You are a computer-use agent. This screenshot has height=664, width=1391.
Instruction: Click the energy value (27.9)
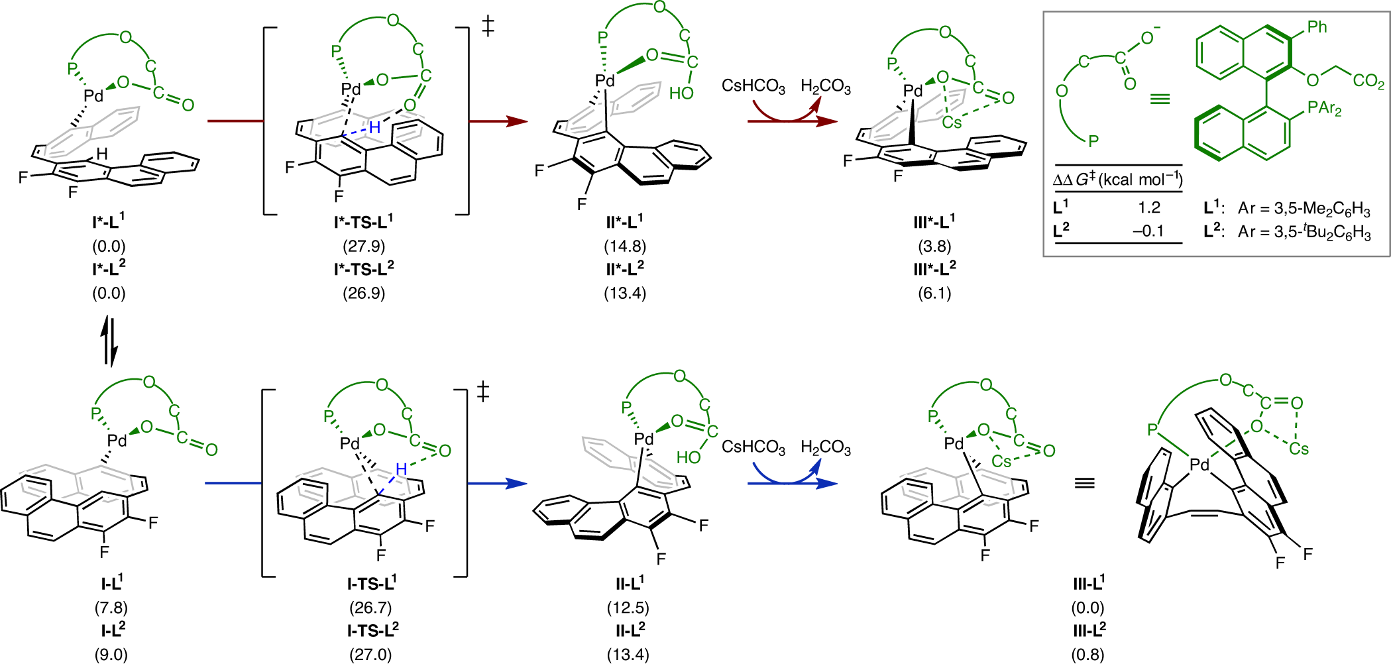[364, 247]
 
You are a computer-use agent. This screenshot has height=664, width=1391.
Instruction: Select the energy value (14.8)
[625, 247]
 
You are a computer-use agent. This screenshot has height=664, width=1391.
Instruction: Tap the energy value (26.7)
[370, 608]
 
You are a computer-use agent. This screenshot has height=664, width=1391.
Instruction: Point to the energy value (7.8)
[111, 608]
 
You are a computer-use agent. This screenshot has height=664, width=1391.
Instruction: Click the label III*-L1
[934, 221]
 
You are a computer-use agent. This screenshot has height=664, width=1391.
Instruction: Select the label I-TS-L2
[373, 630]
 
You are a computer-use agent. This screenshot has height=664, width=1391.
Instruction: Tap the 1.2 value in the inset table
[1149, 208]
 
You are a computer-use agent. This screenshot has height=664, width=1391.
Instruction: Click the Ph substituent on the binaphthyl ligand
[1317, 27]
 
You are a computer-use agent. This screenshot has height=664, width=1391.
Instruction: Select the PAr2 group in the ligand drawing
[1324, 107]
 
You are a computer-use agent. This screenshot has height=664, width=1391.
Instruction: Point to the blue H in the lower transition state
[401, 469]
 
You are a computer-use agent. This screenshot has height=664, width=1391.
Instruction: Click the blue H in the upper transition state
[375, 127]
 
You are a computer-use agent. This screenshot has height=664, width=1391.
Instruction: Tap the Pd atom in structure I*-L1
[94, 96]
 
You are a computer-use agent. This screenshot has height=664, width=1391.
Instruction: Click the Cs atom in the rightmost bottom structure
[1299, 449]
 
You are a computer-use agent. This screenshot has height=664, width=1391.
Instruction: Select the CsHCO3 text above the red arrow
[753, 87]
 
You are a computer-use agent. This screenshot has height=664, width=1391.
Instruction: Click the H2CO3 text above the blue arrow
[826, 448]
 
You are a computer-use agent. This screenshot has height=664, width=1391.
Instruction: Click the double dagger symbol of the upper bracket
[488, 27]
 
